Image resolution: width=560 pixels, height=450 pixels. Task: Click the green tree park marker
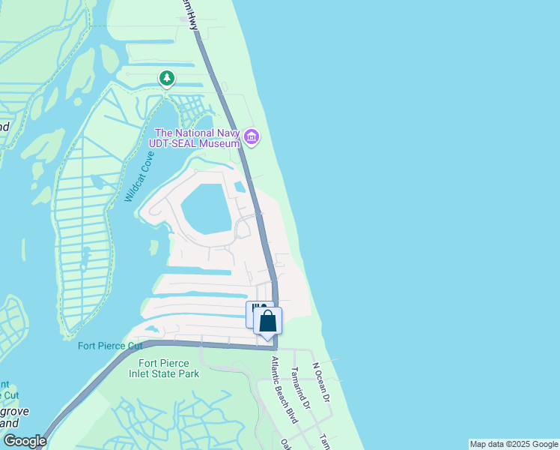coord(166,78)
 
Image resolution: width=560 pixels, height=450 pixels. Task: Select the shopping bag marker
coord(268,322)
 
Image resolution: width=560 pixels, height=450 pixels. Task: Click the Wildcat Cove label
coord(139,176)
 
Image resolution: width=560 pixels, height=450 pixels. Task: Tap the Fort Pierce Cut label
coord(109,346)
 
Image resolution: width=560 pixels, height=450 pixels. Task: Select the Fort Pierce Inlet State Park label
coord(169,368)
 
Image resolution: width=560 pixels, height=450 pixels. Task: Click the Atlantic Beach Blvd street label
coord(285,389)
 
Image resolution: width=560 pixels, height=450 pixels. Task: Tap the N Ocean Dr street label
coord(321,382)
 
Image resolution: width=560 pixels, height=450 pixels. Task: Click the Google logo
coord(25,441)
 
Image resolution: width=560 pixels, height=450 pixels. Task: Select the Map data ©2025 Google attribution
coord(514,444)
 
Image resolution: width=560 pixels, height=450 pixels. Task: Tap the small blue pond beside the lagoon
coord(240,187)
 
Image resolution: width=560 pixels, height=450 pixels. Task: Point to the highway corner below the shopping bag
coord(275,347)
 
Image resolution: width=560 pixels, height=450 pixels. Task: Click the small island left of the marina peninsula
coord(154,247)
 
